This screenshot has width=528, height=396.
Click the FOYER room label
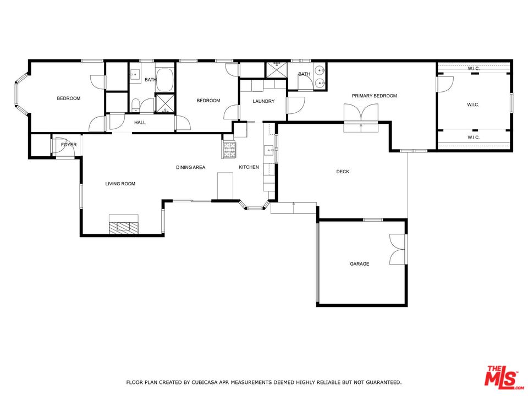pyautogui.click(x=69, y=145)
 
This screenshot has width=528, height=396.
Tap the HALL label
pyautogui.click(x=140, y=123)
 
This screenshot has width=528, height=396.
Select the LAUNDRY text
pyautogui.click(x=263, y=101)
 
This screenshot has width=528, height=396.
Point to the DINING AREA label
pyautogui.click(x=190, y=167)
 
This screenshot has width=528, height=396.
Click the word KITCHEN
pyautogui.click(x=249, y=167)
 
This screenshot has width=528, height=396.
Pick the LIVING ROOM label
pyautogui.click(x=120, y=184)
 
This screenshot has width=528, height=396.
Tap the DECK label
pyautogui.click(x=343, y=172)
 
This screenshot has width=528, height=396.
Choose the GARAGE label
pyautogui.click(x=360, y=264)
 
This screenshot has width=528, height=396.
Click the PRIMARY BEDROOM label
pyautogui.click(x=374, y=96)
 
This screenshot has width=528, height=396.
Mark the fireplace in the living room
pyautogui.click(x=124, y=225)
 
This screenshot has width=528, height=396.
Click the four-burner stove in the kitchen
pyautogui.click(x=229, y=150)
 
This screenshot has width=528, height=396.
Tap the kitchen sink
pyautogui.click(x=269, y=150)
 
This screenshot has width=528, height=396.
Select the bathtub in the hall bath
pyautogui.click(x=164, y=80)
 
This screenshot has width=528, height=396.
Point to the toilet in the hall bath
pyautogui.click(x=135, y=105)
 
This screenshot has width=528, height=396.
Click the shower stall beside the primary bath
pyautogui.click(x=275, y=70)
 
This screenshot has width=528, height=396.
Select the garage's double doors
pyautogui.click(x=397, y=249)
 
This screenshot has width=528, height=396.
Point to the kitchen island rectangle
pyautogui.click(x=225, y=185)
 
